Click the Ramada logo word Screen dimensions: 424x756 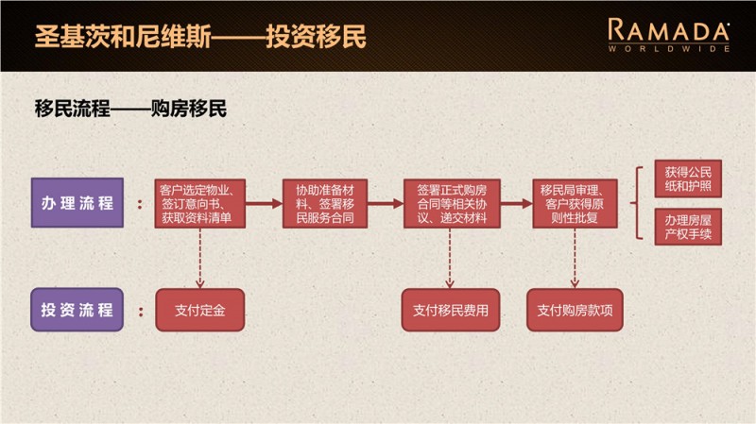669,29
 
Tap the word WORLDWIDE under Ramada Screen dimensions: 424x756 669,48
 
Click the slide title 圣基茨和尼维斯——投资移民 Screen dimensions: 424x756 199,37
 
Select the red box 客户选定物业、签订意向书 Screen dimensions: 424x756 202,203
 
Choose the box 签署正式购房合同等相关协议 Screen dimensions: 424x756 452,203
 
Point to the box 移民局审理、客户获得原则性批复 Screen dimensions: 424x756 575,203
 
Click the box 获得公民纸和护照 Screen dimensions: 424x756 688,179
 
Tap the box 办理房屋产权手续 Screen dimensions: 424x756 688,227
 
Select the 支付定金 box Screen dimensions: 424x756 200,309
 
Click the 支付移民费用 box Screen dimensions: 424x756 451,309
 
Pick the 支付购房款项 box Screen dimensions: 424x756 575,309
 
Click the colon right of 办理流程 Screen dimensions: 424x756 140,203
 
